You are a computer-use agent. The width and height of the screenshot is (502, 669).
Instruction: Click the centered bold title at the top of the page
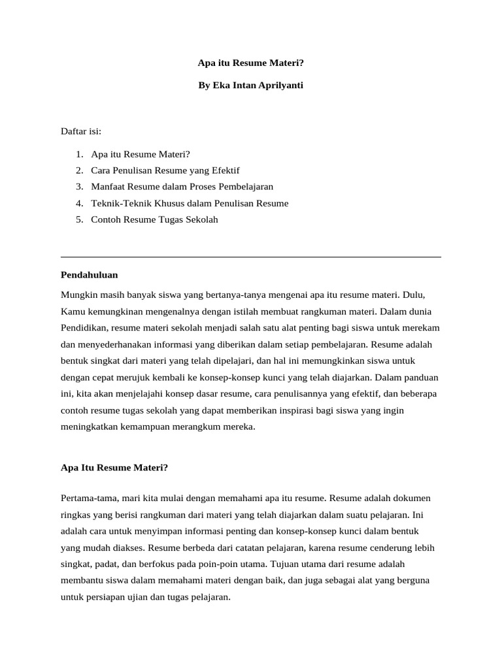point(251,63)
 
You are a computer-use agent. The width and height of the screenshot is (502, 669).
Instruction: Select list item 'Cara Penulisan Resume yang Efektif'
point(156,171)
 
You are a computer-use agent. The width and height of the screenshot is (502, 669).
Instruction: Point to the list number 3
point(78,187)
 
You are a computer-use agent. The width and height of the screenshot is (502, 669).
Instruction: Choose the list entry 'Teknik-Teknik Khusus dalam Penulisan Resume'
point(190,203)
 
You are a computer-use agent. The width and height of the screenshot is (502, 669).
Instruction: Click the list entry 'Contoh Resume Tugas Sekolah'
point(154,220)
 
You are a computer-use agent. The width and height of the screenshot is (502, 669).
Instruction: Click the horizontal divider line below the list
point(251,257)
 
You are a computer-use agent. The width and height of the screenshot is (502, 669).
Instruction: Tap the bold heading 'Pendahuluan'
point(89,275)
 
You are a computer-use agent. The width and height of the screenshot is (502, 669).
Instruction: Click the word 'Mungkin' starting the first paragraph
point(77,295)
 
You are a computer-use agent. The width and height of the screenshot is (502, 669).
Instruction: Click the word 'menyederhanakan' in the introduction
point(110,344)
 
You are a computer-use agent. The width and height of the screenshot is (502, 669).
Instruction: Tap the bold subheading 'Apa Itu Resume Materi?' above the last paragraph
point(114,468)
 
